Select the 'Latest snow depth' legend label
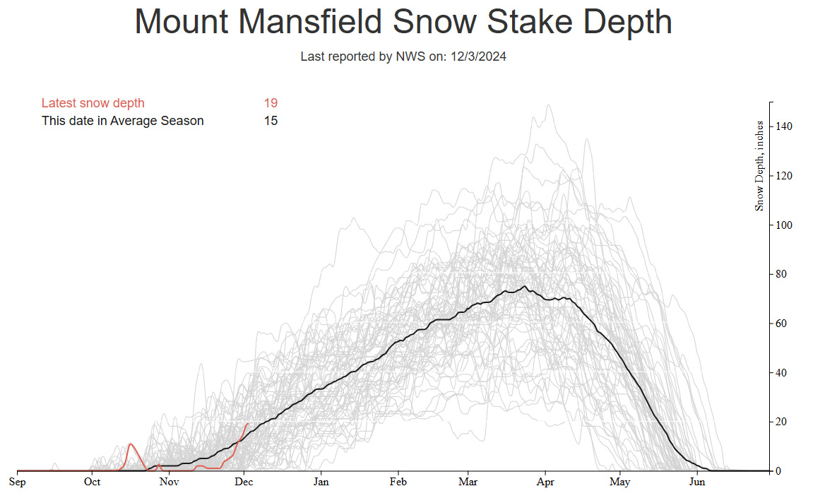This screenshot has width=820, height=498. click(93, 103)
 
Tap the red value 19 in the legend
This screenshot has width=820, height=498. click(271, 103)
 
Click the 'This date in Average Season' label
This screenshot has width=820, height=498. click(122, 121)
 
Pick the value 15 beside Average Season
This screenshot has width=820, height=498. click(271, 121)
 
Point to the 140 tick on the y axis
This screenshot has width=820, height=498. click(785, 126)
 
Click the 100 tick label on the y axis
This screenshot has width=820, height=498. click(785, 225)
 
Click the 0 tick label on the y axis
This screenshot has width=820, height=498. click(778, 471)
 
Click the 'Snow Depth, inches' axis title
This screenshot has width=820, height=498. click(759, 166)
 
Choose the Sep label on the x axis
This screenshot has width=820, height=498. click(17, 482)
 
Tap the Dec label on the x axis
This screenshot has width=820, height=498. click(244, 482)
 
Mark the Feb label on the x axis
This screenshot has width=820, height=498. click(398, 482)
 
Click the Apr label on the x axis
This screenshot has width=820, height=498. click(545, 482)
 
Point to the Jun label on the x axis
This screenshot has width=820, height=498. click(697, 482)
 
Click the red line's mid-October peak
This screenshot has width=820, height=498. click(131, 444)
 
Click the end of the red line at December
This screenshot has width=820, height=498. click(246, 424)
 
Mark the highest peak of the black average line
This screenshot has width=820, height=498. click(524, 286)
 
